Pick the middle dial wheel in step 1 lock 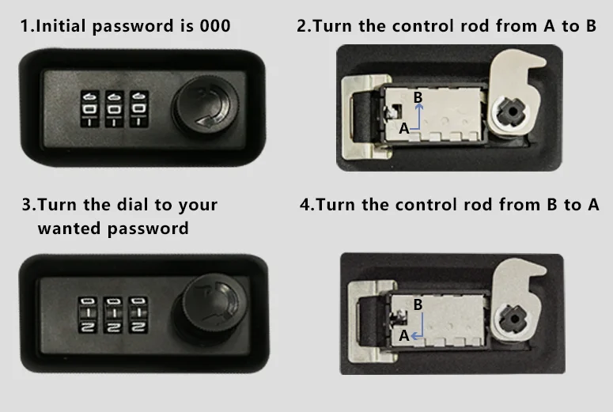[115, 108]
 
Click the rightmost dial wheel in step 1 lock [138, 108]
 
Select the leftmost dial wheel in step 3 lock [89, 314]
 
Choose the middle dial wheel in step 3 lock [114, 314]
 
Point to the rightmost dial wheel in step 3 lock [138, 314]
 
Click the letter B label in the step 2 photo [418, 96]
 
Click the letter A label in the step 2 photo [403, 127]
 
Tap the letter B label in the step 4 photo [418, 304]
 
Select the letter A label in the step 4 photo [403, 335]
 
